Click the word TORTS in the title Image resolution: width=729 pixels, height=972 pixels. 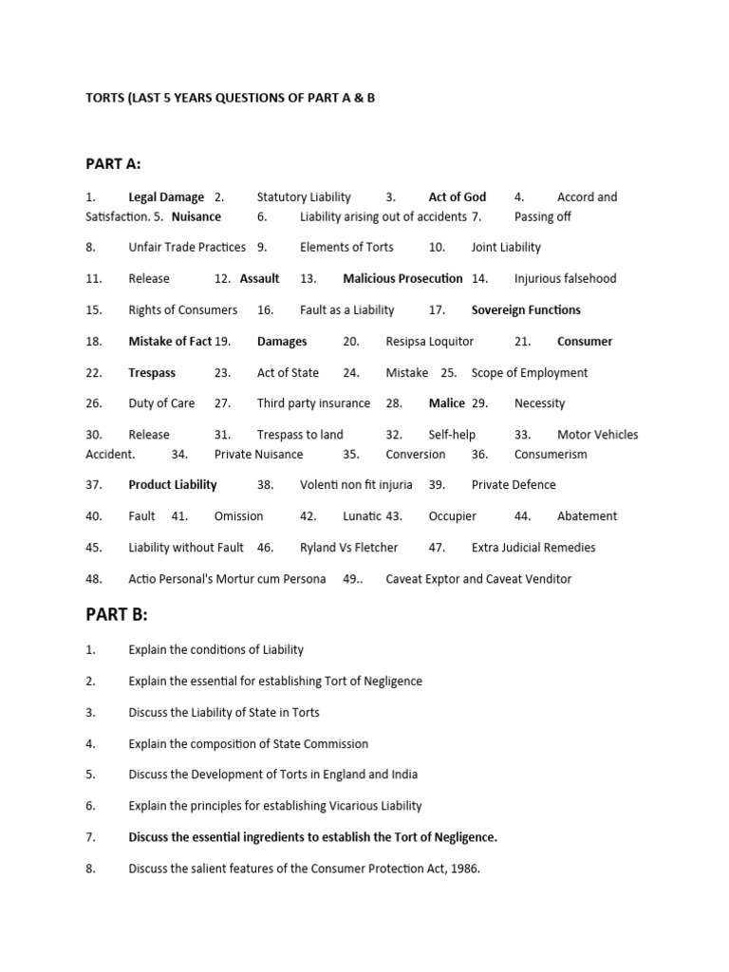[x=105, y=98]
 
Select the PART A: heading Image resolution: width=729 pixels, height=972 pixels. [x=113, y=164]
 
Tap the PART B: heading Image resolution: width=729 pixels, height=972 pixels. [x=117, y=614]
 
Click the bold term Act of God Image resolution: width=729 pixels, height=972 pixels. [x=457, y=197]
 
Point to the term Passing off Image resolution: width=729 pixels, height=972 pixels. [x=542, y=216]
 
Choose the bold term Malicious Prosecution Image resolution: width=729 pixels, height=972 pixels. [x=402, y=279]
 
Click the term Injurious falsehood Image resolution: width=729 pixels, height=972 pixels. [x=565, y=279]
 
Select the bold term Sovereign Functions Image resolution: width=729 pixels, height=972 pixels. [x=526, y=310]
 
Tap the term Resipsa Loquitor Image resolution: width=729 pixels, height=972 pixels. [x=429, y=342]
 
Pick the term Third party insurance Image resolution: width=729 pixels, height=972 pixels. [x=313, y=403]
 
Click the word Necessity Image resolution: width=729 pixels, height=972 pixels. [x=539, y=403]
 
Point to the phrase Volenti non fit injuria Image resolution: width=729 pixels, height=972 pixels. [x=356, y=485]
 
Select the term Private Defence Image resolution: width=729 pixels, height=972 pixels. [x=514, y=485]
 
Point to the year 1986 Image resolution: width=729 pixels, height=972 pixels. [x=464, y=869]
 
